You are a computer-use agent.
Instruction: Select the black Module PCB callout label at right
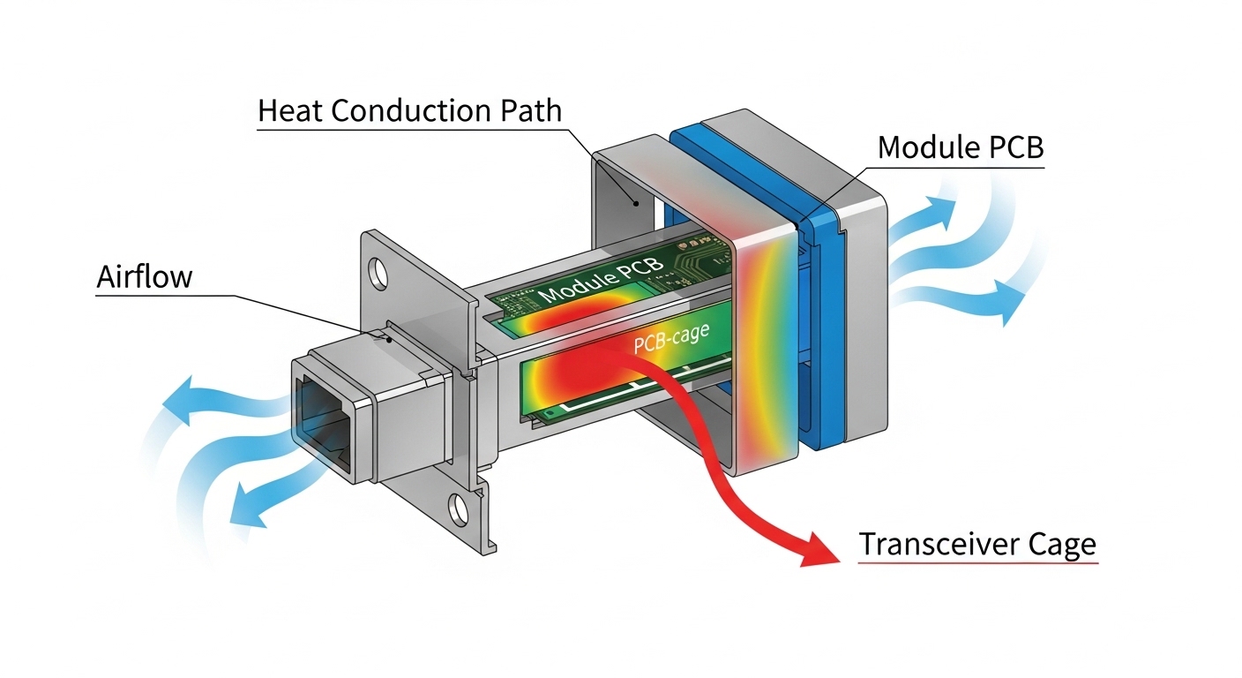tap(961, 147)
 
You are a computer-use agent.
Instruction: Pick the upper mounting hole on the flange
tap(379, 273)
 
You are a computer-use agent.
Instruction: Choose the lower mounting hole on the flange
tap(458, 510)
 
